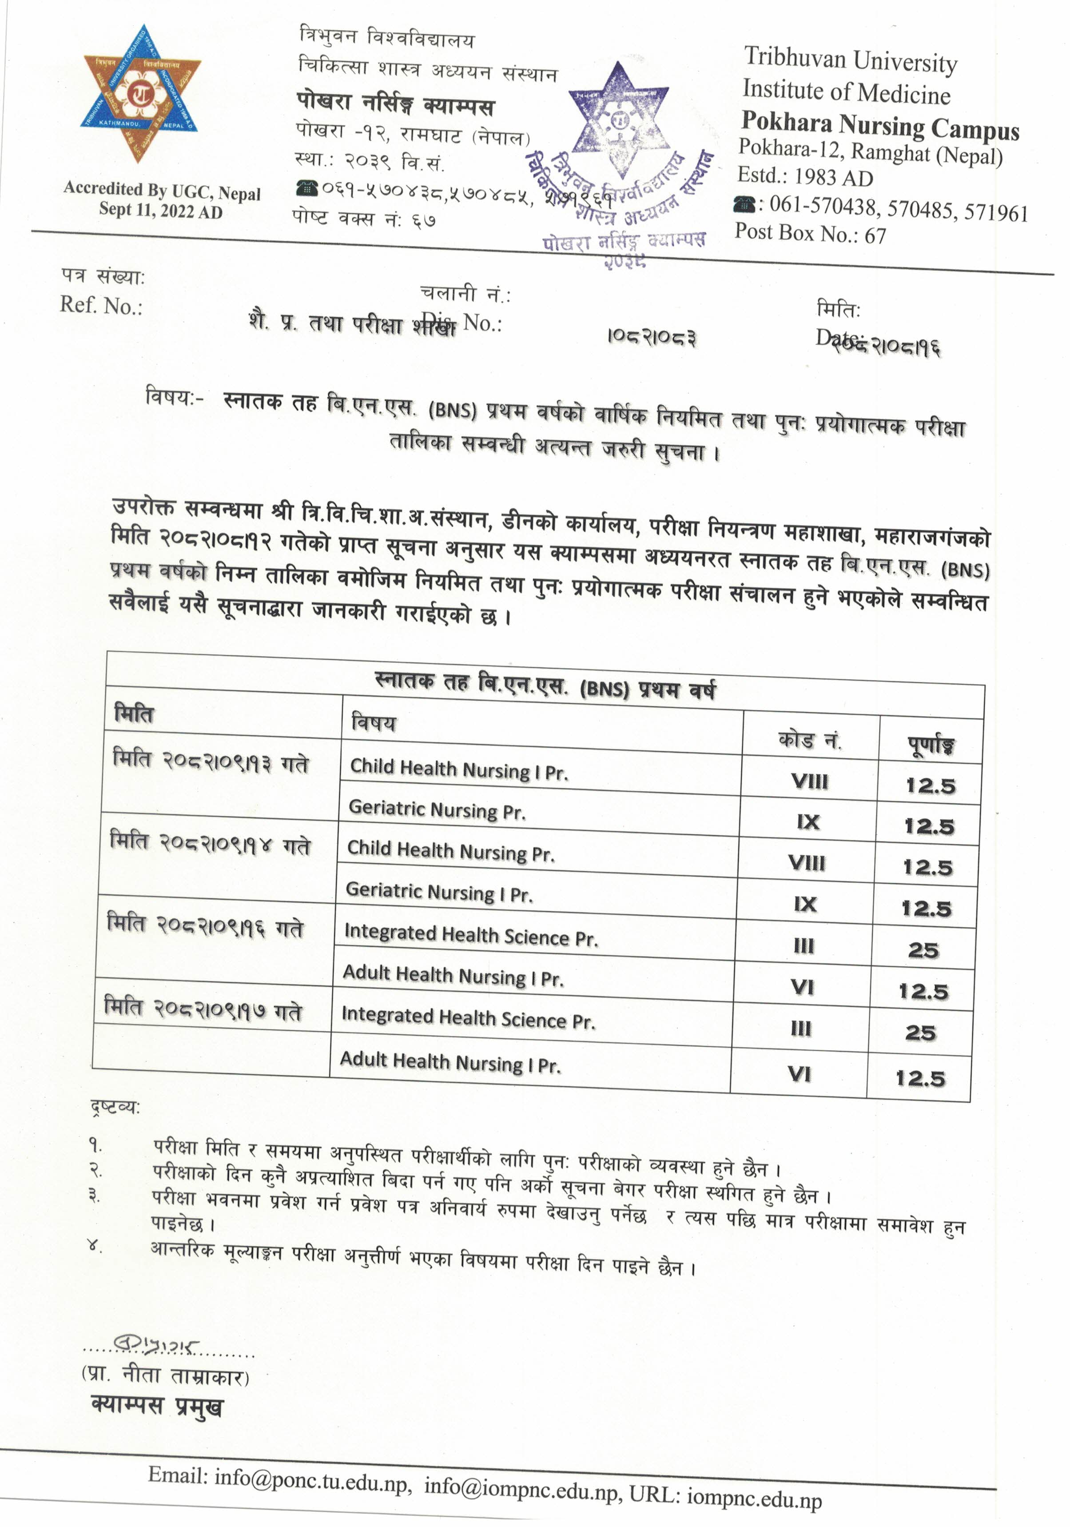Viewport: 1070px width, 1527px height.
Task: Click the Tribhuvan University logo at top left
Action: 142,94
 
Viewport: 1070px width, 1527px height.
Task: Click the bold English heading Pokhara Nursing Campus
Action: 880,126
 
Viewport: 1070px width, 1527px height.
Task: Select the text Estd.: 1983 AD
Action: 805,177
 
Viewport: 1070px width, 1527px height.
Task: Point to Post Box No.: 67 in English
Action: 810,233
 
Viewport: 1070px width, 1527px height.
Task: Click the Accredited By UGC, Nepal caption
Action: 162,191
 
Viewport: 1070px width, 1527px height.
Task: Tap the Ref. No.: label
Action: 101,305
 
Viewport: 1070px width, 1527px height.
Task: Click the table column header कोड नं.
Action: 809,740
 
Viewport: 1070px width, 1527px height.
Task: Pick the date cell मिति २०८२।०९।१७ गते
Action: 203,1009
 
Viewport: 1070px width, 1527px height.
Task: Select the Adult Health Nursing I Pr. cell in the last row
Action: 450,1062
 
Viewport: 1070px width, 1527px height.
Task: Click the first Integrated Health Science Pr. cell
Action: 471,936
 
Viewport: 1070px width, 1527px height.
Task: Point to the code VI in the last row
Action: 800,1073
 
